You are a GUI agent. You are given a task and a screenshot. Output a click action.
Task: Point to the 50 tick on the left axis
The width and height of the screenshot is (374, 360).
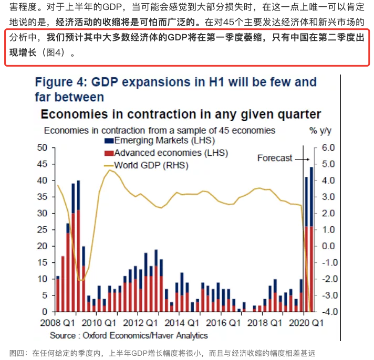[43, 148]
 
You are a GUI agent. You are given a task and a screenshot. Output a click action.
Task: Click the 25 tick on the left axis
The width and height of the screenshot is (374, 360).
[43, 230]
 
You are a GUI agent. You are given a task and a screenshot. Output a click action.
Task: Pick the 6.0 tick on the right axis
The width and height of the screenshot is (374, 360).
[328, 148]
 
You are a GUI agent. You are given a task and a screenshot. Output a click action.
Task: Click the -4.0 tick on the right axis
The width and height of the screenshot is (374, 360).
[327, 312]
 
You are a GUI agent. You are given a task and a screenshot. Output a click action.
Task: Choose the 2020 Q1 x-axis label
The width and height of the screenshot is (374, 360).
[307, 323]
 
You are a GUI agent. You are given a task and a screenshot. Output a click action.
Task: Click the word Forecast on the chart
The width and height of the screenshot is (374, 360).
[274, 158]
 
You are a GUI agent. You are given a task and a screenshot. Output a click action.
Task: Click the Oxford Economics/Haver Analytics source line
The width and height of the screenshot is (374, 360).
[129, 335]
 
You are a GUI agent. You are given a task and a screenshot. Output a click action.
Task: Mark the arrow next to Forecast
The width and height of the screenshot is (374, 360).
[302, 158]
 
